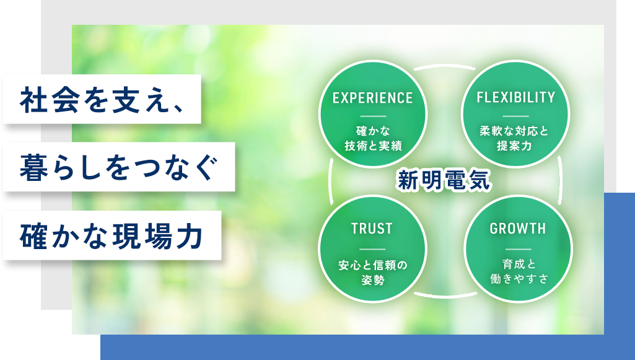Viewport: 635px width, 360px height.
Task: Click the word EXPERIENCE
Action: pos(372,98)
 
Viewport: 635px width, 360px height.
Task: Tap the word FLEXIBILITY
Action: pos(516,98)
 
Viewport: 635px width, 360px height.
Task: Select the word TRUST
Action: pos(372,229)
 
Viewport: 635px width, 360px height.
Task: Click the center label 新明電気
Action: pos(444,180)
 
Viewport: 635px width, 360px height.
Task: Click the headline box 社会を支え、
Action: pos(102,99)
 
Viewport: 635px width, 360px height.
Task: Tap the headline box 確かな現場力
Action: pos(112,235)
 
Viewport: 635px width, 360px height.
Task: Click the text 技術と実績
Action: pos(372,145)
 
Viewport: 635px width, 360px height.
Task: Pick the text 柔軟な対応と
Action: pos(515,132)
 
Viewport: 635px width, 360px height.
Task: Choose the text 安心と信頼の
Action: pos(372,265)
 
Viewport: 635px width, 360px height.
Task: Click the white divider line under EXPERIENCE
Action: pos(372,116)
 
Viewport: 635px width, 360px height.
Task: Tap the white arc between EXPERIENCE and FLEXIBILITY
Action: pos(444,66)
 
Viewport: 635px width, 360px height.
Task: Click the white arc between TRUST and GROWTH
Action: pos(444,296)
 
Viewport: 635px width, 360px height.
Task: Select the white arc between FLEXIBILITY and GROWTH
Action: pos(561,180)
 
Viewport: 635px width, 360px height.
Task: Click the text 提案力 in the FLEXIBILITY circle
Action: pos(515,146)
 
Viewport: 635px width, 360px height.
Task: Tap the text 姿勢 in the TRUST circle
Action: pos(372,279)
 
